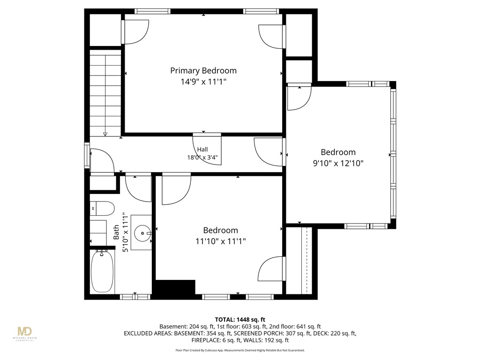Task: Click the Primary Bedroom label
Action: pos(203,71)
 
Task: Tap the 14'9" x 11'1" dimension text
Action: pos(203,82)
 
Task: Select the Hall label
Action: pos(202,150)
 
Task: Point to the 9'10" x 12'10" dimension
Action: pos(338,163)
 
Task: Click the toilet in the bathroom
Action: pos(102,209)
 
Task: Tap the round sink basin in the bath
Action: pos(142,232)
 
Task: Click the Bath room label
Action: pos(116,232)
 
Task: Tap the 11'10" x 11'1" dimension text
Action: pos(220,241)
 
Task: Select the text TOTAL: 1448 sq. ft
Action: pos(240,320)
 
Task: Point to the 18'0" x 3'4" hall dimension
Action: pos(202,157)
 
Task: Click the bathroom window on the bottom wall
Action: pos(135,296)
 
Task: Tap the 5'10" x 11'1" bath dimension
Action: pos(125,232)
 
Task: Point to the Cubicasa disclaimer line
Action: pos(240,350)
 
